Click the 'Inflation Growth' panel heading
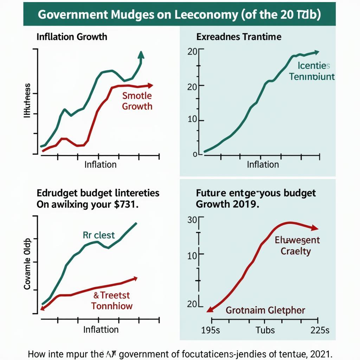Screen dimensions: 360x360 click(x=72, y=37)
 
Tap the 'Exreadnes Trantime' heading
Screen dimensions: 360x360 click(x=239, y=37)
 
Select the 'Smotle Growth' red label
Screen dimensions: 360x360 click(x=137, y=101)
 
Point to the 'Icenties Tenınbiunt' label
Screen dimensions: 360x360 click(x=312, y=71)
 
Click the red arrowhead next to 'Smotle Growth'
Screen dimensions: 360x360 click(x=150, y=85)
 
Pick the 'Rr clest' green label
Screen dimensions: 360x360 click(x=99, y=235)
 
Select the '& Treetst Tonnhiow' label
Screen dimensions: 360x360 click(x=112, y=300)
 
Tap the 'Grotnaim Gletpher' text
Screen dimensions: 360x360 click(x=265, y=310)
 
